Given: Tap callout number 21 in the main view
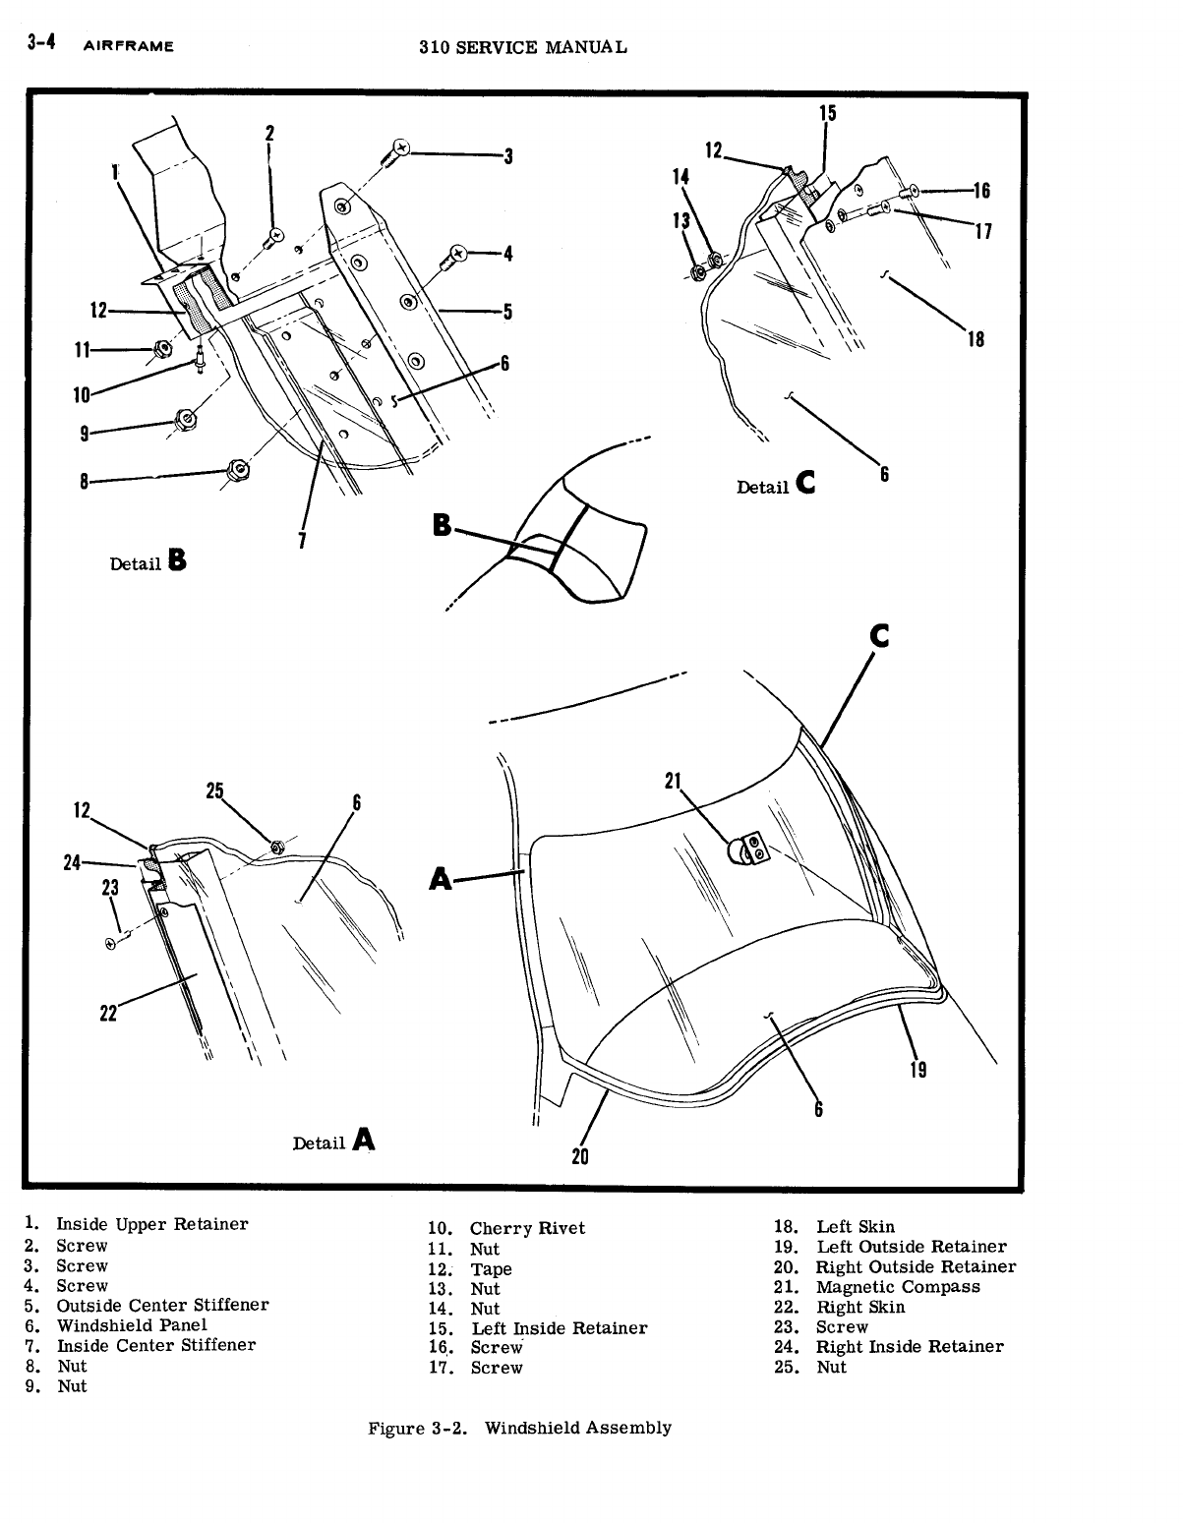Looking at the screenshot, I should (x=674, y=781).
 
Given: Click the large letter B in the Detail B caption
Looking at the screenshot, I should (x=177, y=560).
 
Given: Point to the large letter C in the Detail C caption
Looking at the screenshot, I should (x=805, y=483).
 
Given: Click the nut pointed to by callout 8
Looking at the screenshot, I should (x=235, y=470).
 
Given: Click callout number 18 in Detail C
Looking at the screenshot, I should (x=976, y=340).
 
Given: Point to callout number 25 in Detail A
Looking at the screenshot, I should (x=215, y=790).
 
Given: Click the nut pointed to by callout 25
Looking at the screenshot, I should (x=277, y=847).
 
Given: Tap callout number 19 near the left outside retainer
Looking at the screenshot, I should (x=917, y=1069).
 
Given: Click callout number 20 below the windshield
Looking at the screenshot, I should (x=580, y=1156).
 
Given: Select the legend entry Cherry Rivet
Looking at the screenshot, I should (x=526, y=1228).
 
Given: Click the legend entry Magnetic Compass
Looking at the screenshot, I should (x=897, y=1287).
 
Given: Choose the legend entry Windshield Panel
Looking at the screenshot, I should (x=131, y=1325).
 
